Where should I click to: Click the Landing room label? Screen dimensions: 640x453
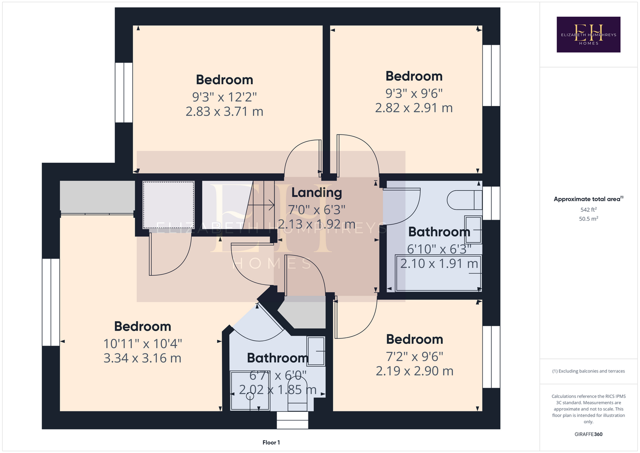click(317, 193)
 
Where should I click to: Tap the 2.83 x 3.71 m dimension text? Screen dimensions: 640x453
click(224, 111)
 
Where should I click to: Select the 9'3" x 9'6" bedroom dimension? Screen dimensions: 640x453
click(414, 93)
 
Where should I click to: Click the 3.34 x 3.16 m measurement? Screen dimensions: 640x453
click(142, 358)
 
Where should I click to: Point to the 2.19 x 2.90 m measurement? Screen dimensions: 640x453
click(414, 371)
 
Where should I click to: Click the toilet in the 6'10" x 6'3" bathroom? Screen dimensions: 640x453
click(465, 200)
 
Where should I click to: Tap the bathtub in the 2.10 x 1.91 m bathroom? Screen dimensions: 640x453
click(438, 273)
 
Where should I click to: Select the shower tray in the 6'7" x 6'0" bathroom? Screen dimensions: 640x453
click(250, 390)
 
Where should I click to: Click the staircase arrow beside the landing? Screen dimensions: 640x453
click(260, 205)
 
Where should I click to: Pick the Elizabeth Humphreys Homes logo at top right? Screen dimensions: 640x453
click(588, 34)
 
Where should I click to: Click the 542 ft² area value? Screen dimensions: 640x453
click(588, 209)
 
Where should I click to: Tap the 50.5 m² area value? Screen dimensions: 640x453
click(588, 219)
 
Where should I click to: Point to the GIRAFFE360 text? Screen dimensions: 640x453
click(588, 434)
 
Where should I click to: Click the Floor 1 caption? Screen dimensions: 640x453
click(271, 443)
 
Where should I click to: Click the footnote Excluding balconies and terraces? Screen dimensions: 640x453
click(588, 371)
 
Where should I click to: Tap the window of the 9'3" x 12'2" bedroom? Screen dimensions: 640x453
click(124, 92)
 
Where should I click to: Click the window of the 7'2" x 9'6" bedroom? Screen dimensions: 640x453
click(491, 357)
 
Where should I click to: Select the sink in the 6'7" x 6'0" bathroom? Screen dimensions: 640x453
click(316, 351)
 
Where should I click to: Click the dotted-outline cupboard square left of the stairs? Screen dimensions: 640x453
click(168, 205)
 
